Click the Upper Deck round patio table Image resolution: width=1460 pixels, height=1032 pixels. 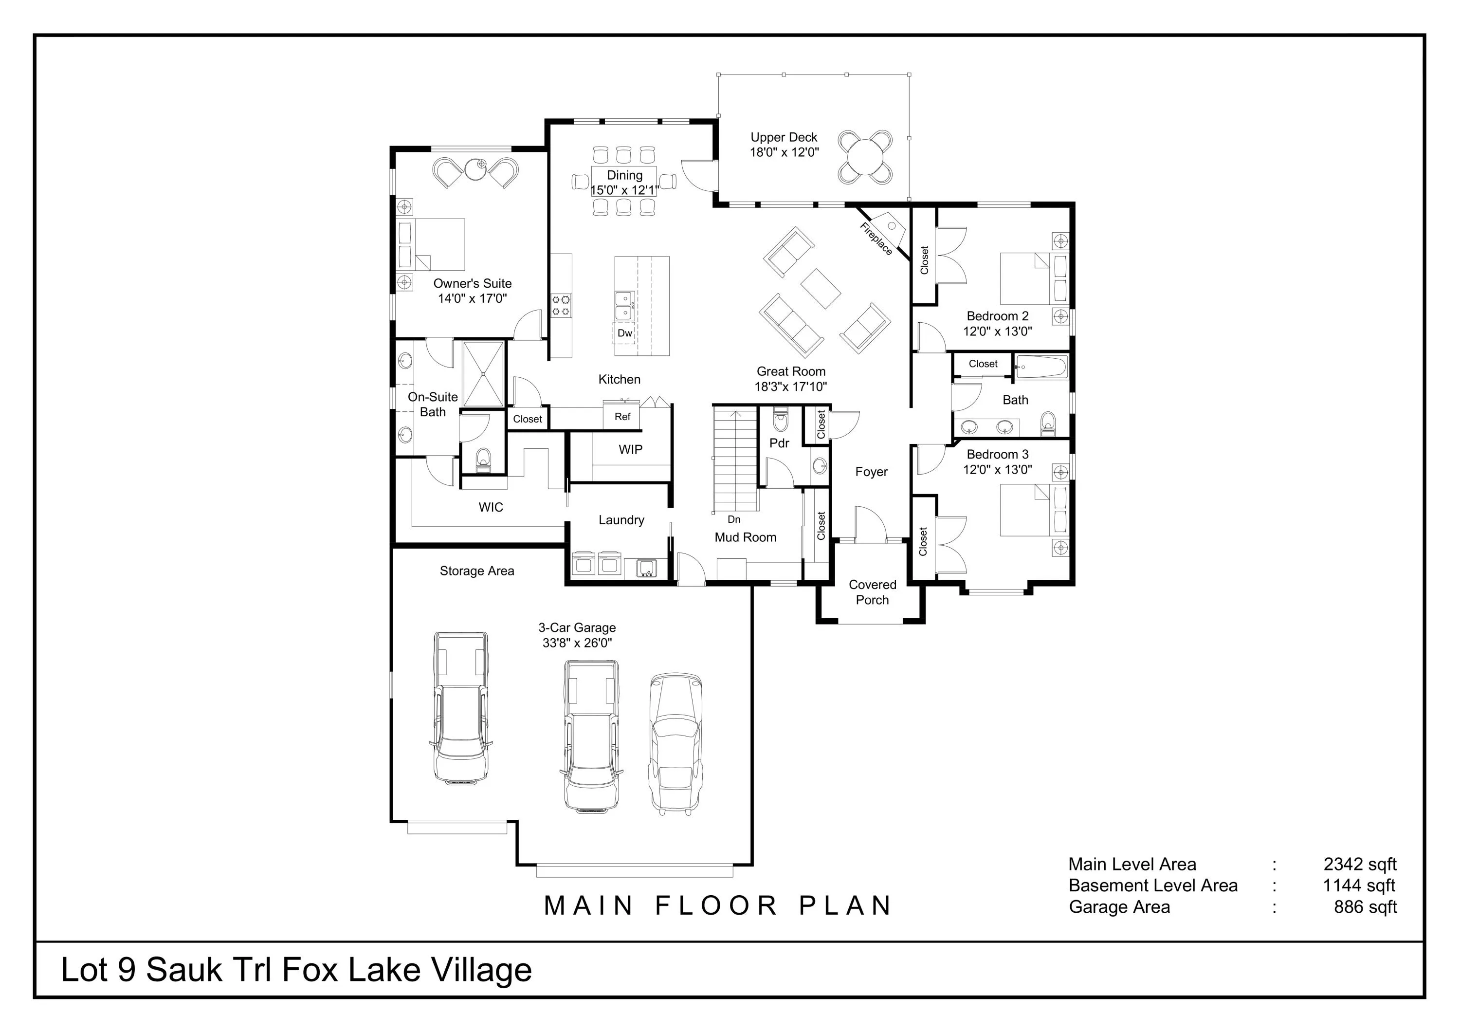864,157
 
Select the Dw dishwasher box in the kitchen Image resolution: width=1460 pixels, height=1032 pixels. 624,332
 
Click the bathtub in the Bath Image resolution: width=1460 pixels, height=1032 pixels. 1040,367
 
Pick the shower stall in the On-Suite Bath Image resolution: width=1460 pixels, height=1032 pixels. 484,374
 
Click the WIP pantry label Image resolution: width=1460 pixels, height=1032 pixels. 630,449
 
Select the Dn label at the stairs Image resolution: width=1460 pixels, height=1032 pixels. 734,519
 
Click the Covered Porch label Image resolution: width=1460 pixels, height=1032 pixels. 873,592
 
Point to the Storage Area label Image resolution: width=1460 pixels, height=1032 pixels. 477,571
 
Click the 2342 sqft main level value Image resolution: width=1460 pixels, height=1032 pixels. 1360,864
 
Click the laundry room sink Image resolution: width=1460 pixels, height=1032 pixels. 646,567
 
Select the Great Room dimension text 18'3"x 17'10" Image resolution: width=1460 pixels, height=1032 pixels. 790,387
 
